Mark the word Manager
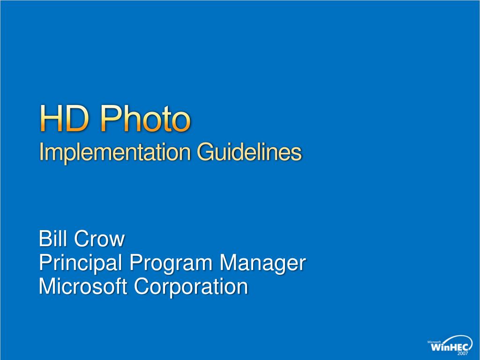pos(263,263)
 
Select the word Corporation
pos(191,286)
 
